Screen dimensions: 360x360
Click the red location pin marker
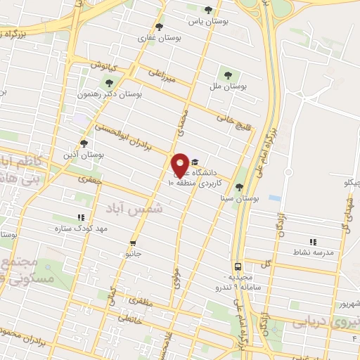pyautogui.click(x=181, y=165)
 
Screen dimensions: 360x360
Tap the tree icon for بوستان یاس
pyautogui.click(x=208, y=10)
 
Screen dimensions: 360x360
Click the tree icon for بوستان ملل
pyautogui.click(x=227, y=74)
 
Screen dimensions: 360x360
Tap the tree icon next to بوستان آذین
pyautogui.click(x=84, y=143)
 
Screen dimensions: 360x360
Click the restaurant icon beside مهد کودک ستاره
pyautogui.click(x=81, y=218)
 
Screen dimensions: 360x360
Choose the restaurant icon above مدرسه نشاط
pyautogui.click(x=314, y=242)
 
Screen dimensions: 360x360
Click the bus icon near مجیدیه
pyautogui.click(x=238, y=267)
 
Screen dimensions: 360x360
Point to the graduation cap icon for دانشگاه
pyautogui.click(x=195, y=160)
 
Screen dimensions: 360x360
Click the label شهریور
pyautogui.click(x=348, y=304)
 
